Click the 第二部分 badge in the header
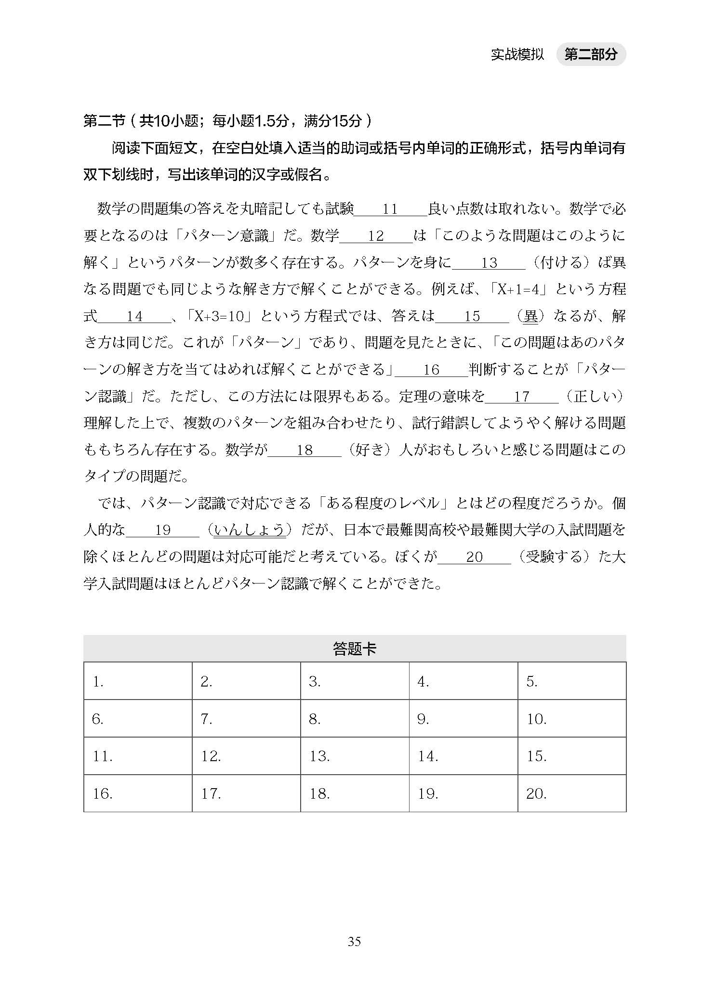[x=590, y=54]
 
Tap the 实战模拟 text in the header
[x=517, y=54]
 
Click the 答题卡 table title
[x=354, y=649]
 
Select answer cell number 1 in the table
[x=138, y=681]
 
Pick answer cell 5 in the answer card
[x=571, y=681]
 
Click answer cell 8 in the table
[x=355, y=718]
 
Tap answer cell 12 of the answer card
[x=246, y=756]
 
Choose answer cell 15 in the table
[x=571, y=756]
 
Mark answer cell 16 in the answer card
[x=138, y=793]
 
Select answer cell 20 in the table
[x=571, y=793]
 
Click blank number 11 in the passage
[x=390, y=209]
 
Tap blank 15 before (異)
[x=472, y=316]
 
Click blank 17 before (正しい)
[x=522, y=397]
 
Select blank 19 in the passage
[x=163, y=531]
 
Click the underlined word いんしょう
[x=250, y=530]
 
